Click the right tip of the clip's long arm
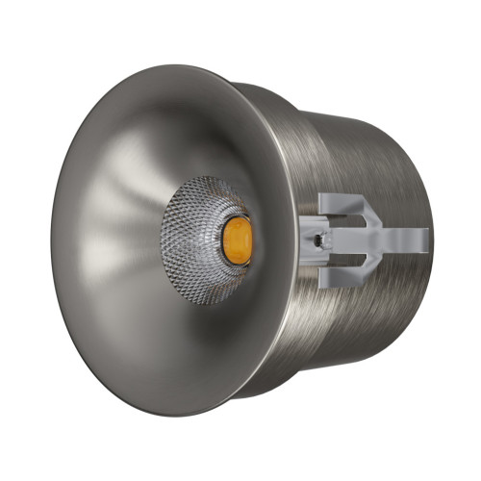click(424, 238)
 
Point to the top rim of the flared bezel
click(173, 68)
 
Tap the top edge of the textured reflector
click(207, 180)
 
